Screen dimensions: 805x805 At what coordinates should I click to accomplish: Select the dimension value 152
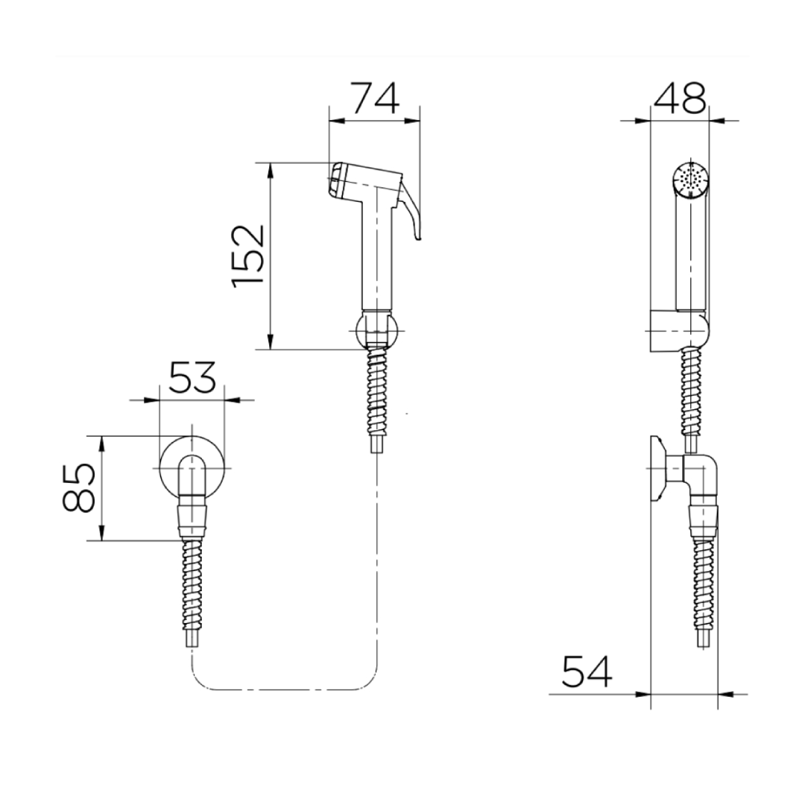(248, 256)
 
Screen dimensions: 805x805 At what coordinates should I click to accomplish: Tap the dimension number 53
(192, 377)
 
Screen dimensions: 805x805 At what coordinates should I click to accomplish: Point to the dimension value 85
(78, 487)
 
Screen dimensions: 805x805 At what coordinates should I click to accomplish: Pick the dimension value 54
(587, 672)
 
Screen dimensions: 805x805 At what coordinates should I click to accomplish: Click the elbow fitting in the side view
(701, 475)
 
